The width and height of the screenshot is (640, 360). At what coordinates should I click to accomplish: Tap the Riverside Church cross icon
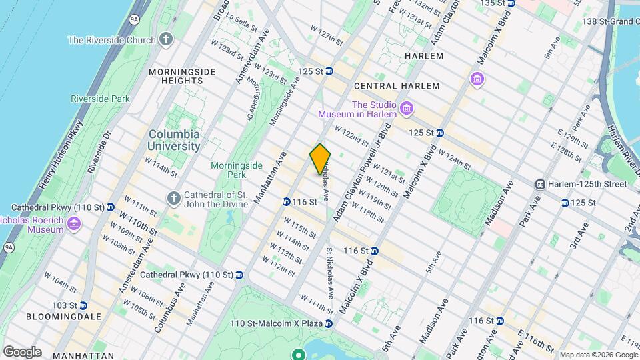pyautogui.click(x=166, y=40)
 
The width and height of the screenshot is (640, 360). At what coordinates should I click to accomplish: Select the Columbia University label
pyautogui.click(x=174, y=139)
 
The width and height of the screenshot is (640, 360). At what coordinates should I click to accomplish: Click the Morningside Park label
pyautogui.click(x=233, y=170)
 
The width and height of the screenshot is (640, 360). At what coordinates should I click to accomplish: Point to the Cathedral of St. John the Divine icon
pyautogui.click(x=174, y=197)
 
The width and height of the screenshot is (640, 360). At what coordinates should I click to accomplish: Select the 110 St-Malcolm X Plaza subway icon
pyautogui.click(x=329, y=323)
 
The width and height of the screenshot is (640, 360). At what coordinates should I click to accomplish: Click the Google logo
pyautogui.click(x=22, y=351)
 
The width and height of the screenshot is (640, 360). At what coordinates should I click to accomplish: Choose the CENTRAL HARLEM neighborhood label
pyautogui.click(x=397, y=86)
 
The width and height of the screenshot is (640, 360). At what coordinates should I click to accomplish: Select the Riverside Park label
pyautogui.click(x=100, y=99)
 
